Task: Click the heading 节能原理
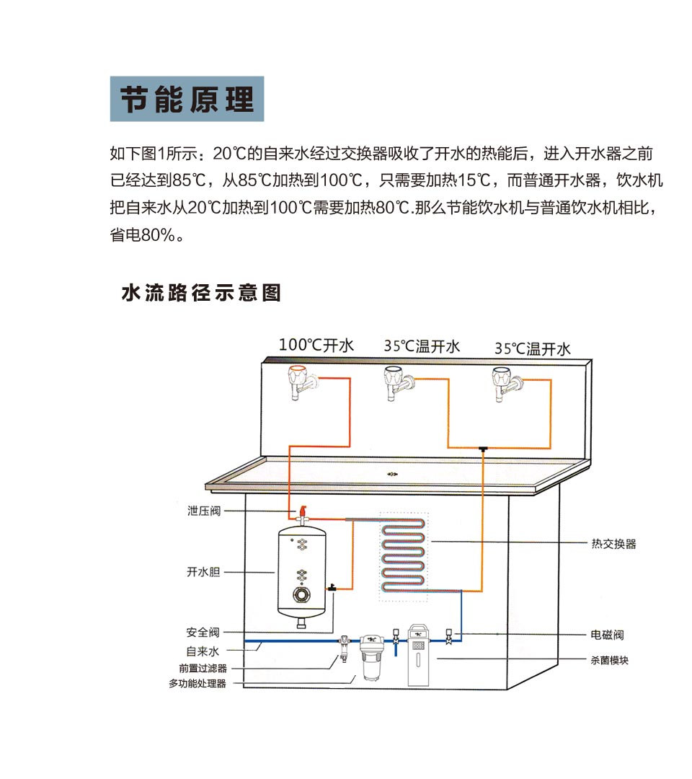187,99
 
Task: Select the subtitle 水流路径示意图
201,293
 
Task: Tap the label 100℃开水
316,345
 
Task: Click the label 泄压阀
203,511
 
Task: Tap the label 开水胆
203,572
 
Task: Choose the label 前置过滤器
203,669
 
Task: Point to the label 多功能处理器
198,683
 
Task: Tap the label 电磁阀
608,635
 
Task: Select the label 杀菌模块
608,660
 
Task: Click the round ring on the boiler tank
301,594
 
